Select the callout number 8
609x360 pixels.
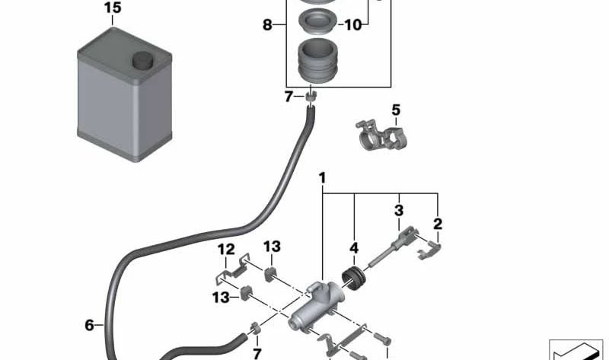(268, 25)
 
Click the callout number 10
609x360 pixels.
(352, 25)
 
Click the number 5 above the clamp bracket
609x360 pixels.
(396, 111)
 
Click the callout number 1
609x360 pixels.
(323, 179)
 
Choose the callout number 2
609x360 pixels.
(438, 224)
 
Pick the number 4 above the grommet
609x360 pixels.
(353, 248)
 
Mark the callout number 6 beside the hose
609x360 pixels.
(90, 326)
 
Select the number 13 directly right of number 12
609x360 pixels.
(272, 247)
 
